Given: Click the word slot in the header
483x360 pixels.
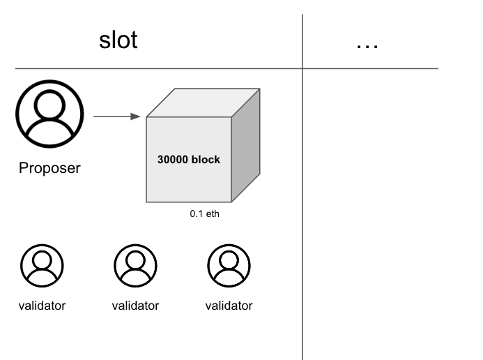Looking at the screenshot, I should [118, 40].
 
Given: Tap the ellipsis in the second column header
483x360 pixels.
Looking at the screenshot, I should [367, 45].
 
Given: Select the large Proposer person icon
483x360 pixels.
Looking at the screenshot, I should [49, 113].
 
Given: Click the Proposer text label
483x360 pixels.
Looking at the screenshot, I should [49, 167].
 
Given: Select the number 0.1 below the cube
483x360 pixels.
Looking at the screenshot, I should [197, 214].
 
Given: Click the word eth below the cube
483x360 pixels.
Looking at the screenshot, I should [213, 214].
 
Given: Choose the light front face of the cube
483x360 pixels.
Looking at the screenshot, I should [188, 181].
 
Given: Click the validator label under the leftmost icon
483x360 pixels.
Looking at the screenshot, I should [42, 306].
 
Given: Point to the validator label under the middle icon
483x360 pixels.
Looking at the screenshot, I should [135, 306].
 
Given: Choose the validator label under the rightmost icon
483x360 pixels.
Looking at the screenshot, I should [229, 306].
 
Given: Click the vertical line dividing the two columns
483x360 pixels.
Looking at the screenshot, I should [302, 209].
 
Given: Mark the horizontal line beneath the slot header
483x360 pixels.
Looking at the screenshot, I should [153, 68].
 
